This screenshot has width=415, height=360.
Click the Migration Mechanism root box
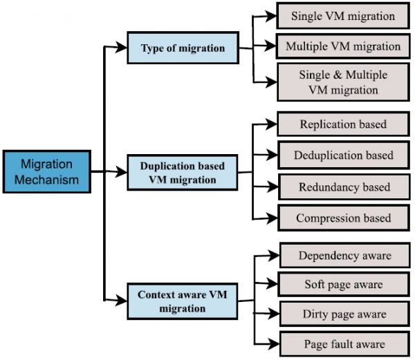pyautogui.click(x=46, y=172)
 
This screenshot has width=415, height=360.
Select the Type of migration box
pyautogui.click(x=183, y=48)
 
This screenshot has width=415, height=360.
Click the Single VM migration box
pyautogui.click(x=342, y=16)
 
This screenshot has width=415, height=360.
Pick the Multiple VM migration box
pyautogui.click(x=342, y=47)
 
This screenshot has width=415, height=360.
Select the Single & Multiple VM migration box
pyautogui.click(x=342, y=82)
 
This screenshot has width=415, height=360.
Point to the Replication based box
pyautogui.click(x=342, y=125)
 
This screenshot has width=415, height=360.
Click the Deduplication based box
pyautogui.click(x=342, y=155)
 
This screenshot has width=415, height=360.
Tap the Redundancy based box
pyautogui.click(x=342, y=187)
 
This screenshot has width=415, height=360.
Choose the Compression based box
pyautogui.click(x=342, y=218)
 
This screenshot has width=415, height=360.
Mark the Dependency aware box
pyautogui.click(x=344, y=255)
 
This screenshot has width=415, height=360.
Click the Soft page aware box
pyautogui.click(x=344, y=284)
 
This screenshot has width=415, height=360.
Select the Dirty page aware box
pyautogui.click(x=344, y=314)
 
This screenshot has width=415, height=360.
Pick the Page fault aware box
pyautogui.click(x=344, y=343)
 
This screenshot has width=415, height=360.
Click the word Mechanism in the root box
pyautogui.click(x=46, y=180)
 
